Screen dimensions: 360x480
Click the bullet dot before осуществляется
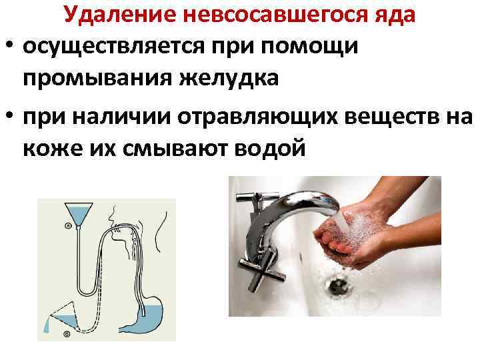tap(9, 47)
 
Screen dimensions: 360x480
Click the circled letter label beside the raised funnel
tap(67, 226)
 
